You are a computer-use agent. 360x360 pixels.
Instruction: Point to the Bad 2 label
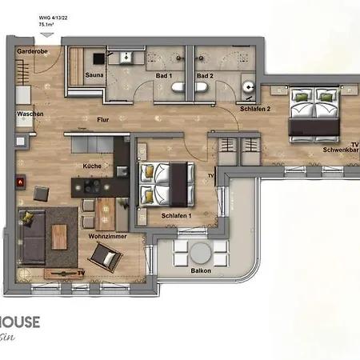pos(205,75)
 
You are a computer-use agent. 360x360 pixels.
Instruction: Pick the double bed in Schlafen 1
pos(166,183)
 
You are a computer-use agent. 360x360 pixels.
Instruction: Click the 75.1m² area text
pos(47,25)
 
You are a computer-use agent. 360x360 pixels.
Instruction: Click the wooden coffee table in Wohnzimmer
pos(59,235)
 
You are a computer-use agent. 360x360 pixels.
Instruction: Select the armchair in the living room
pos(106,258)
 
